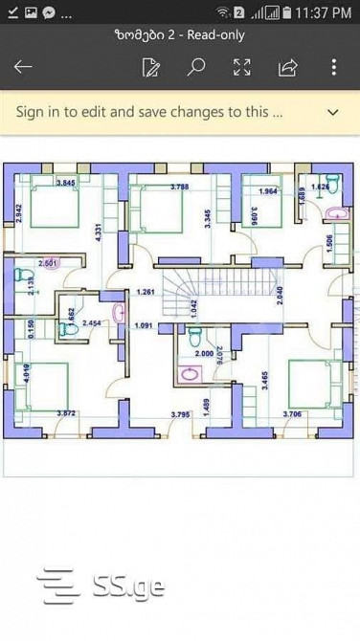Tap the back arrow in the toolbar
tap(23, 67)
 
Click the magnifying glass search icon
tap(196, 67)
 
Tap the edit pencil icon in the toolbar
tap(150, 67)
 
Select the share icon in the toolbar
tap(287, 67)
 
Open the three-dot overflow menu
tap(333, 67)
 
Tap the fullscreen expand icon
tap(242, 67)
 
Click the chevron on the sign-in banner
tap(332, 112)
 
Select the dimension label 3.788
tap(179, 187)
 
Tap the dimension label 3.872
tap(66, 413)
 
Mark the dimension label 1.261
tap(146, 291)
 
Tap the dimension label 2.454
tap(92, 323)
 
